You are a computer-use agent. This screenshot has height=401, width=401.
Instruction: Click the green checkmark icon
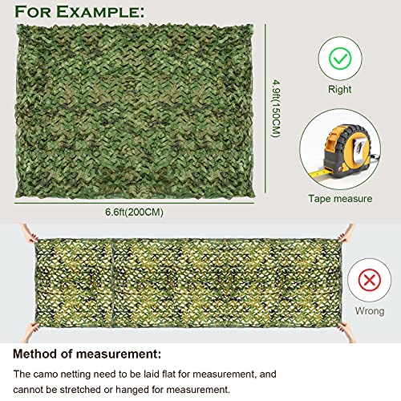(339, 59)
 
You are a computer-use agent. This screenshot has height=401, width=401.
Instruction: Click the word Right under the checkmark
(339, 90)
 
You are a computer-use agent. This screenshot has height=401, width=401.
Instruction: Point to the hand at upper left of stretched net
(29, 233)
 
